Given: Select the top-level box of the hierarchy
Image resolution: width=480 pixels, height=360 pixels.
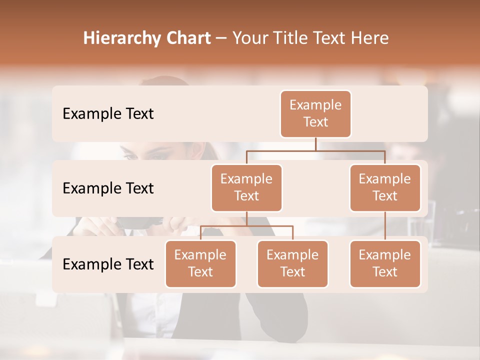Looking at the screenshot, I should coord(315,114).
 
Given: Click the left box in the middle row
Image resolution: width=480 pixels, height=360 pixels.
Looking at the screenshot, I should coord(246,187).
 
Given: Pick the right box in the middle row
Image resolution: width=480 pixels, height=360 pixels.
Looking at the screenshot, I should coord(385,187).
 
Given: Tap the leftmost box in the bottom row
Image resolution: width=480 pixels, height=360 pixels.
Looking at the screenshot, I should coord(200,263).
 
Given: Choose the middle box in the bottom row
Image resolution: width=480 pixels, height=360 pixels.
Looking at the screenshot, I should coord(292,263).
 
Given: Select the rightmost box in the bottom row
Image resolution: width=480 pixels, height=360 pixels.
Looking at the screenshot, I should coord(385,263).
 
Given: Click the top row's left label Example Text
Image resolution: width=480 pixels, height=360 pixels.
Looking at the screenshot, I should coord(108,114).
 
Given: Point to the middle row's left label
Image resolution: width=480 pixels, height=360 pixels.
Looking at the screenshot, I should coord(108,188).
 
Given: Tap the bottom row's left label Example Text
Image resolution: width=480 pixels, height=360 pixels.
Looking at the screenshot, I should coord(108,264).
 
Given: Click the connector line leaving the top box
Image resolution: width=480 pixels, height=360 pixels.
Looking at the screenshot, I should coord(315,144).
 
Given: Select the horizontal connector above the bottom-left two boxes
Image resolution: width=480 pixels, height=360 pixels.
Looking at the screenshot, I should coord(246,226).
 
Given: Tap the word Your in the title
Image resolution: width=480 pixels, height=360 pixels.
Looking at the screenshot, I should coord(250,38).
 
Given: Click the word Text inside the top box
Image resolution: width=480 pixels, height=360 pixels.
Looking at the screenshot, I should coord(315,122).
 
